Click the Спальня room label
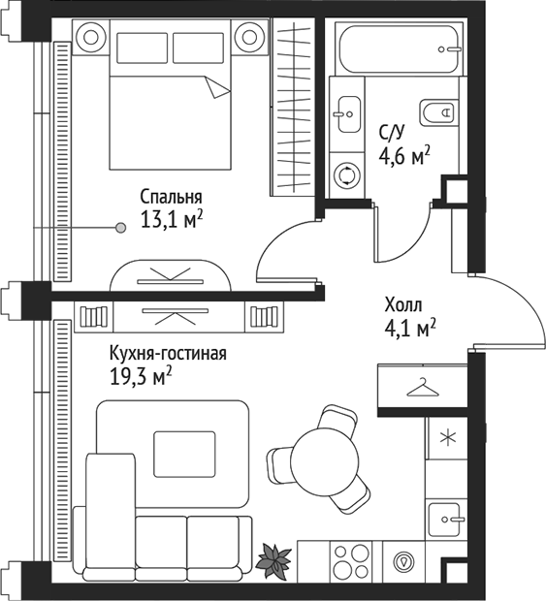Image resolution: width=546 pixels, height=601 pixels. point(171,194)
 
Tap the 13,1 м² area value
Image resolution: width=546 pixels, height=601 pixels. point(171,219)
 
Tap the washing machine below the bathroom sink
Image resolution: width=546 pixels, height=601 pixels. point(346,175)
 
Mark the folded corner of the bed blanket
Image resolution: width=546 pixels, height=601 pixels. point(219,88)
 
